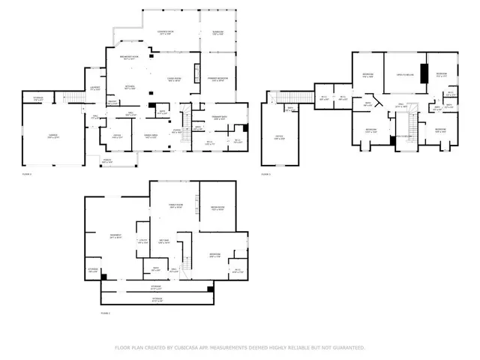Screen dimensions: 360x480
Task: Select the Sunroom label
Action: pos(218,32)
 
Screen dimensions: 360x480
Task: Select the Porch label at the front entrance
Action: pos(107,161)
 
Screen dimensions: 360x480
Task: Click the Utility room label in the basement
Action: pos(143,241)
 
